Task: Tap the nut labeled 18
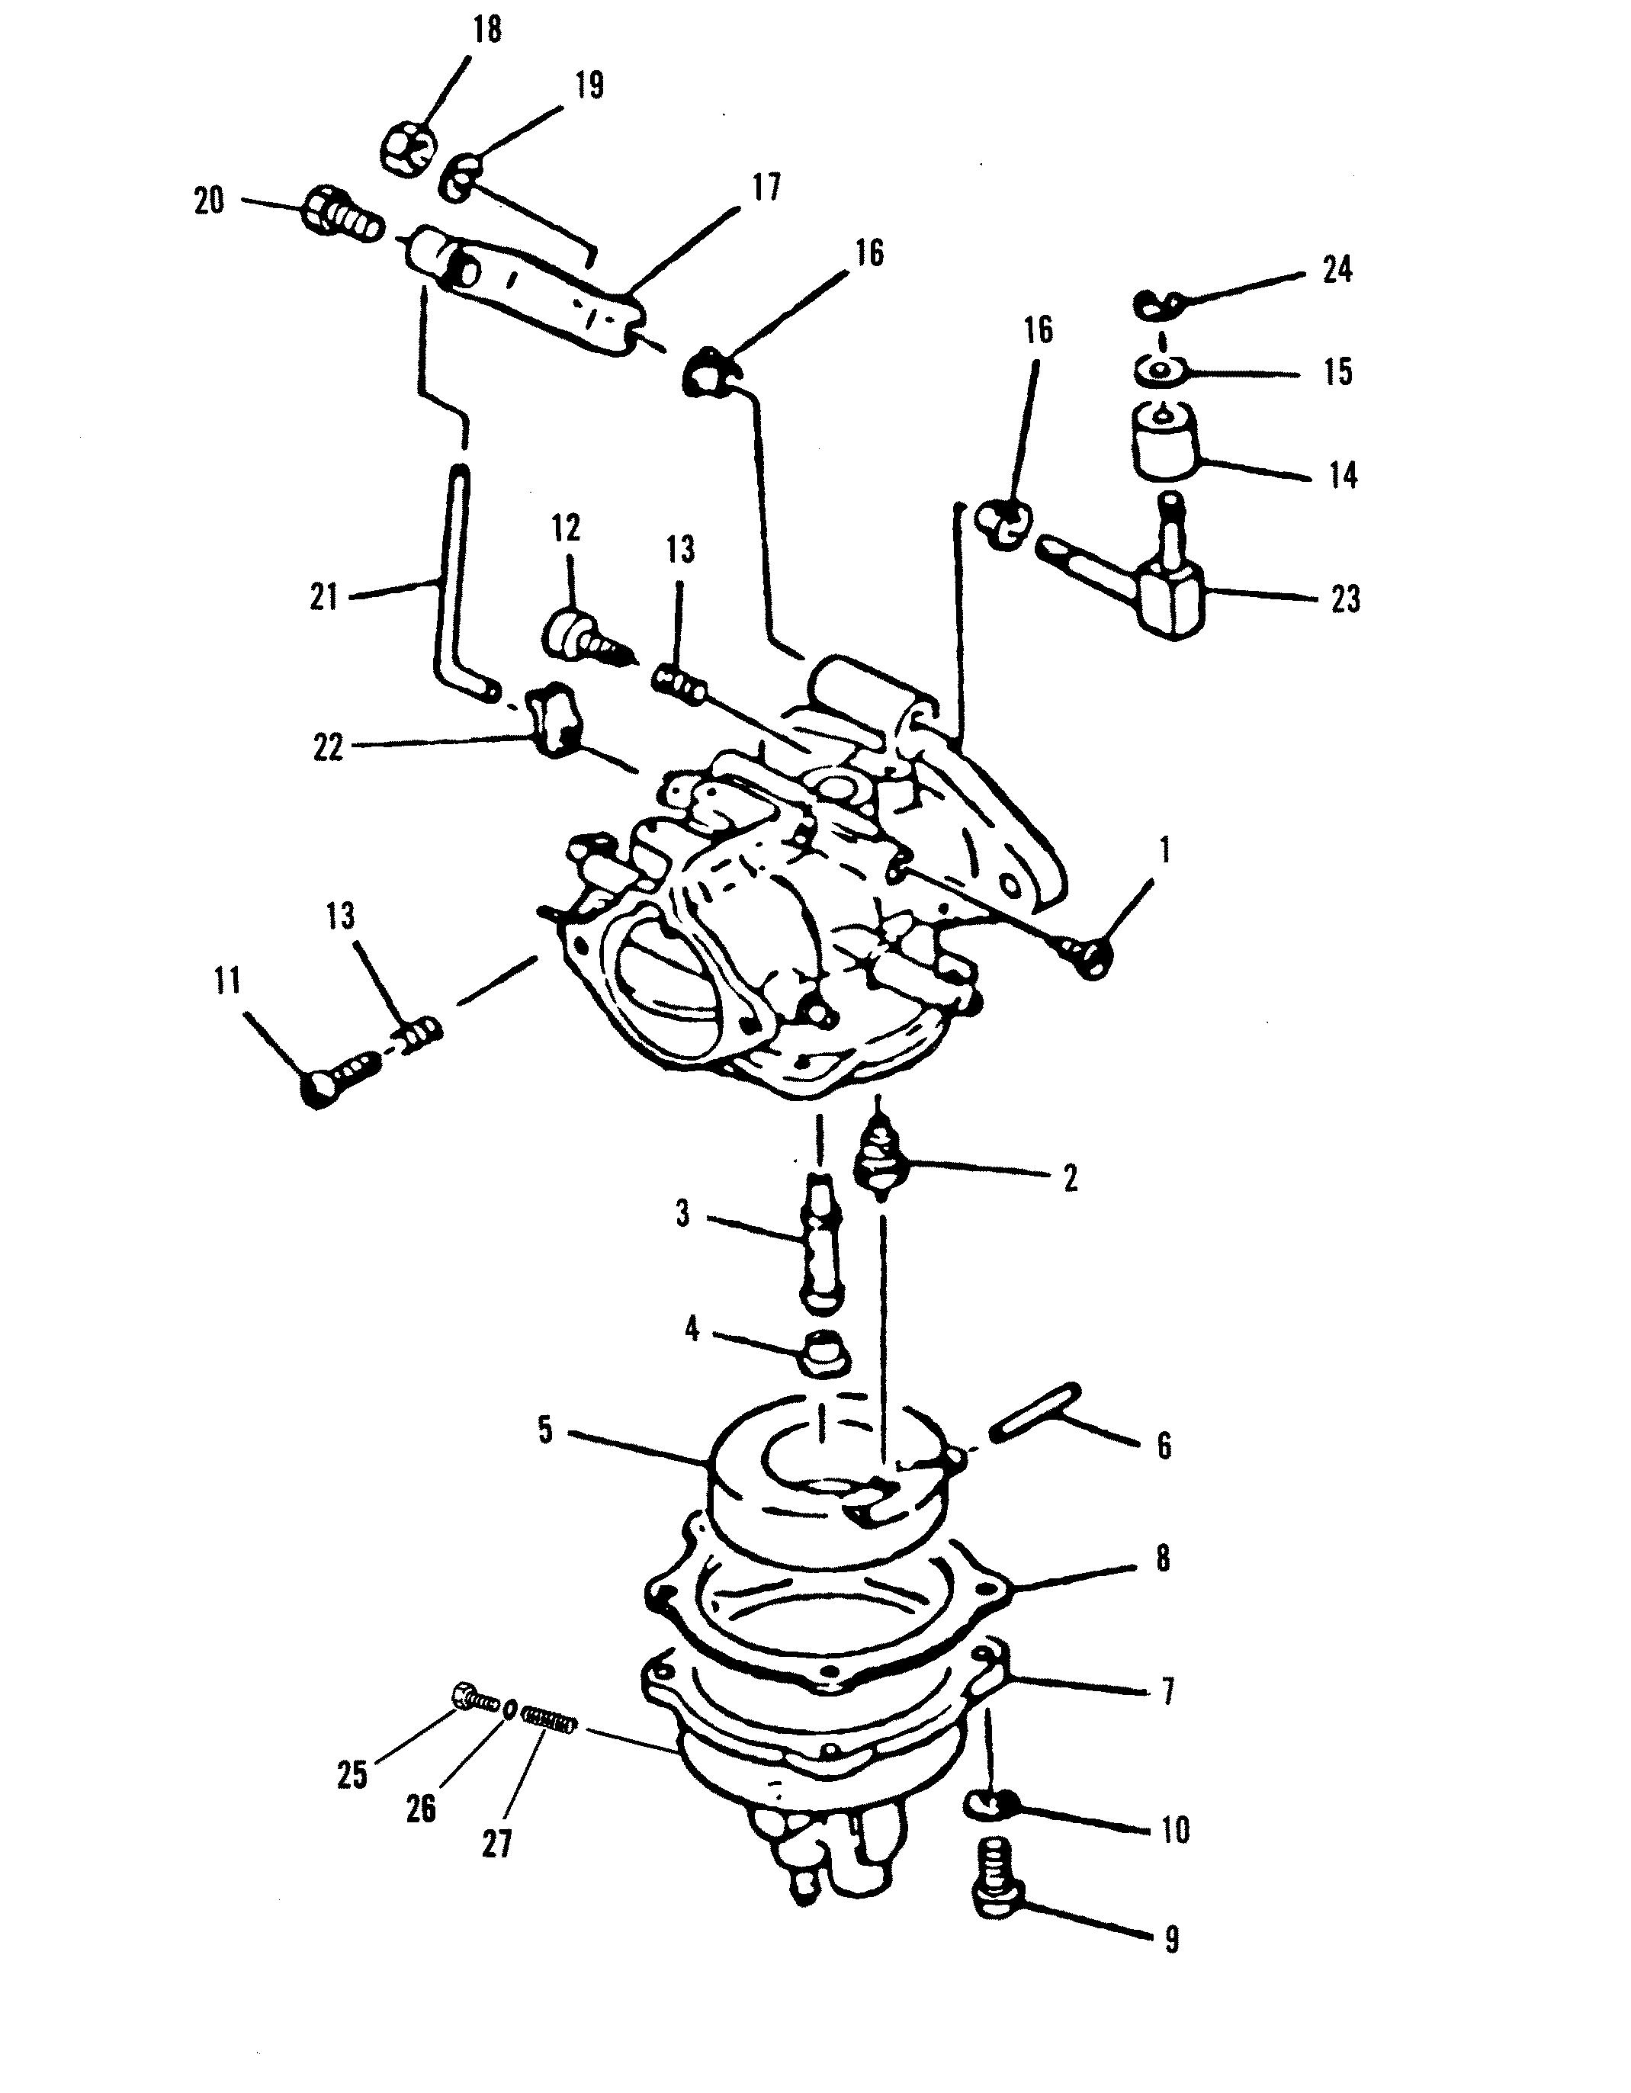pos(411,149)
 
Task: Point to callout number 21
pos(324,597)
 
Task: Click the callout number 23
pos(1345,599)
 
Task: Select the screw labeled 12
pos(589,638)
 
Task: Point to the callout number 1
pos(1164,850)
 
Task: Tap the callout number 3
pos(682,1214)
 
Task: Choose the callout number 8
pos(1164,1559)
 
